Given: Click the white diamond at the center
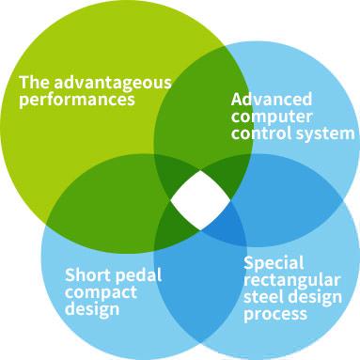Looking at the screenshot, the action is pos(200,200).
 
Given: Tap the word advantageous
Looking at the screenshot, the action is pos(113,84).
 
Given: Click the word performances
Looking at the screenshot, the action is pos(77,101).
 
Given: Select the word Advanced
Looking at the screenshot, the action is pos(272,99).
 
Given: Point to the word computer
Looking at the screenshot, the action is pos(272,117).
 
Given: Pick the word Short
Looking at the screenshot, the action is pos(87,274).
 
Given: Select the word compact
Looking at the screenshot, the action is pos(101,293).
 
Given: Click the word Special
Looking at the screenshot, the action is pos(274,263).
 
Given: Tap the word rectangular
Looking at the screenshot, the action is pos(292,280).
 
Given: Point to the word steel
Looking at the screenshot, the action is pos(264,296).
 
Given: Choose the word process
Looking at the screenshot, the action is pos(275,314).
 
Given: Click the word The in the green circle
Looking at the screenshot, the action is pos(35,83).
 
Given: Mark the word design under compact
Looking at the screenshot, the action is pos(92,308).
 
